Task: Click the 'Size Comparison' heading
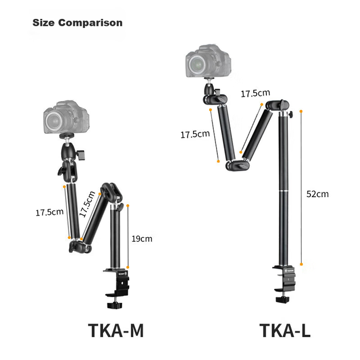(x=77, y=23)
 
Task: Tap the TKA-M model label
(x=115, y=330)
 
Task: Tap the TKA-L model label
(x=285, y=330)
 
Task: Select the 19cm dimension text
(x=142, y=239)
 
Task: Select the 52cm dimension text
(x=318, y=194)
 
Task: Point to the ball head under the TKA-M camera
(x=67, y=151)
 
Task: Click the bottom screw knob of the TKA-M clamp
(x=114, y=305)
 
